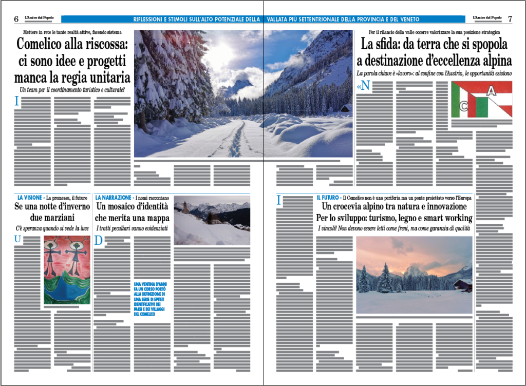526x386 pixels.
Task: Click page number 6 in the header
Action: point(16,19)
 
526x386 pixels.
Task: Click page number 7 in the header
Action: point(510,19)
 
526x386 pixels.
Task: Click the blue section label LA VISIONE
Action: point(30,197)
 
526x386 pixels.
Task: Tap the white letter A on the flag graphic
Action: point(492,91)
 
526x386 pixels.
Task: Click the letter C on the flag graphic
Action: point(463,107)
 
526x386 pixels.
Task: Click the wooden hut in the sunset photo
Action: point(463,284)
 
